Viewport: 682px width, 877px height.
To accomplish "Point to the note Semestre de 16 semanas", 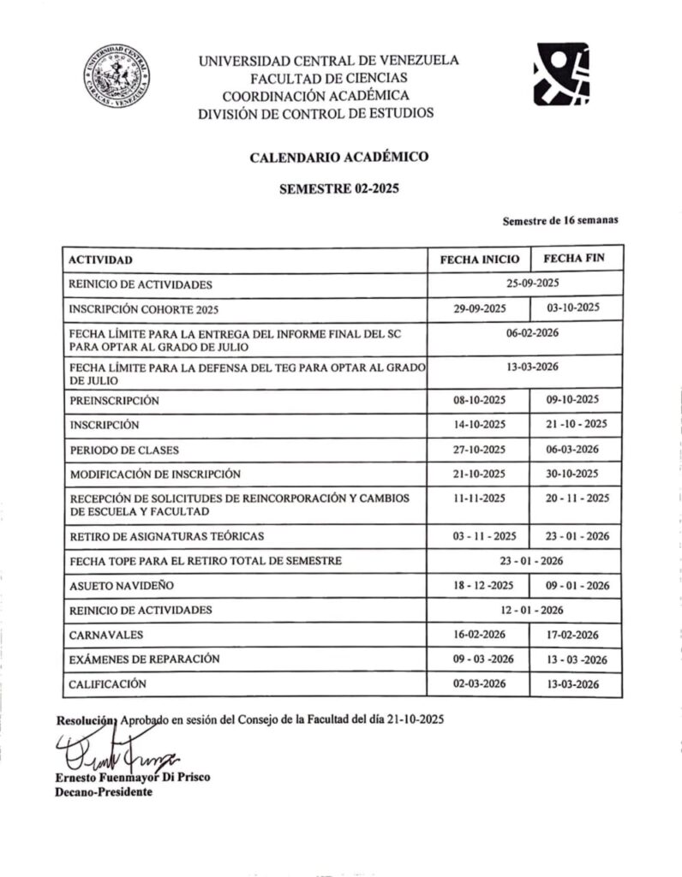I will click(x=560, y=221).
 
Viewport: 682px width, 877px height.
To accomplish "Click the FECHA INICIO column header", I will click(x=479, y=259).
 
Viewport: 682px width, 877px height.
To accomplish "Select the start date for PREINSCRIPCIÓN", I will click(x=480, y=400).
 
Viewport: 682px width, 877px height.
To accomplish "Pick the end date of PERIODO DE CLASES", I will click(x=577, y=450).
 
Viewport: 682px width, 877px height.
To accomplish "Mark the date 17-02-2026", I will click(x=577, y=635).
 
